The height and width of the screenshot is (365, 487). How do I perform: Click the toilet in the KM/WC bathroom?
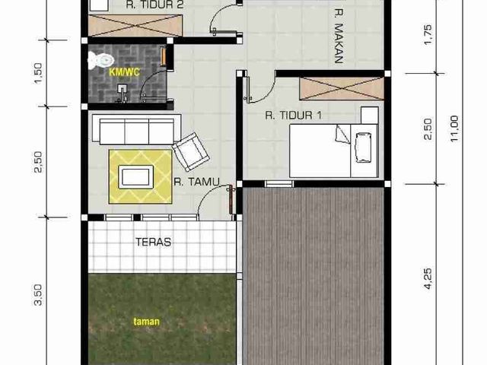(x=100, y=60)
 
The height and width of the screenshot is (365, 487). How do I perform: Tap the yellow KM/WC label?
(x=124, y=72)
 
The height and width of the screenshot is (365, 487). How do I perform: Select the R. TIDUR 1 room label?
(x=294, y=116)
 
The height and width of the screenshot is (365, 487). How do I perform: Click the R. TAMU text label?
(x=196, y=182)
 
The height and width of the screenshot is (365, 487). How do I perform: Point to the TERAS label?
(x=154, y=242)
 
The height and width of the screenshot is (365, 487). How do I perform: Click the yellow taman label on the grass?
(x=146, y=322)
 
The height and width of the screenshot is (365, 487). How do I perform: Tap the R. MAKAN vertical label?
(x=338, y=36)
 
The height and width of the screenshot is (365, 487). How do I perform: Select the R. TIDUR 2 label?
(x=154, y=5)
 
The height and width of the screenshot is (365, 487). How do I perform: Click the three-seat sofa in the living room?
(x=136, y=129)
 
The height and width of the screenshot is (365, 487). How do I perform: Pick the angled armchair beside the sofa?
(x=191, y=152)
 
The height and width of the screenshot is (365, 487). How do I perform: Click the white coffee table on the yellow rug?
(x=135, y=177)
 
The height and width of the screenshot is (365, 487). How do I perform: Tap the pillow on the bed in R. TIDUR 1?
(x=343, y=135)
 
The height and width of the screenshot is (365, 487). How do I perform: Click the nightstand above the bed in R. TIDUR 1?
(x=370, y=116)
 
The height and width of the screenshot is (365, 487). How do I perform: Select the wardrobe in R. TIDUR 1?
(x=342, y=89)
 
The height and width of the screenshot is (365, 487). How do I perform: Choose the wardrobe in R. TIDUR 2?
(x=135, y=25)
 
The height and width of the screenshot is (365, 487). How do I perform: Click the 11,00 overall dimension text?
(x=454, y=129)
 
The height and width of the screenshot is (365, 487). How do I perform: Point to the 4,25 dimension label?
(x=428, y=278)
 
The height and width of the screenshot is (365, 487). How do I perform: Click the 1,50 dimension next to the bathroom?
(x=38, y=73)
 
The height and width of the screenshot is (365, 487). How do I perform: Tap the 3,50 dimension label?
(x=38, y=295)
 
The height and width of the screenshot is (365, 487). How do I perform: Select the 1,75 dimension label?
(x=428, y=34)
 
